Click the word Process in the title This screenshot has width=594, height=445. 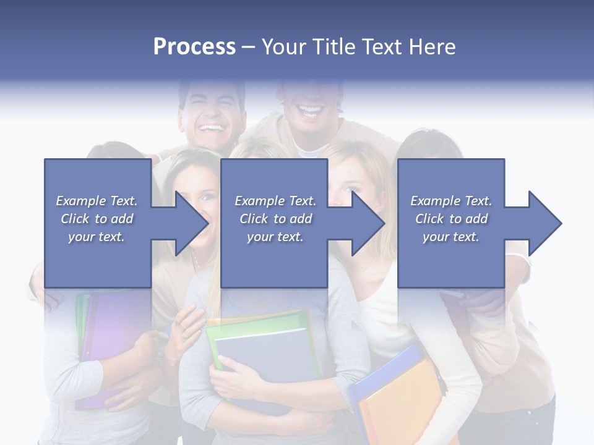click(x=194, y=47)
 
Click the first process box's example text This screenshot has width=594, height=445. click(x=97, y=219)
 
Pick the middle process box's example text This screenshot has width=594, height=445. click(x=275, y=219)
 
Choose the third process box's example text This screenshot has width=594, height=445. click(x=451, y=219)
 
